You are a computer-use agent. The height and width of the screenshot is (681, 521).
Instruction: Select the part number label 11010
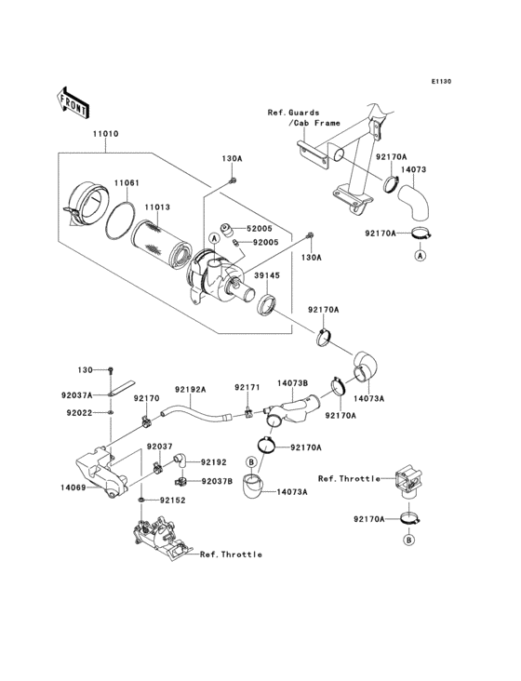coord(104,134)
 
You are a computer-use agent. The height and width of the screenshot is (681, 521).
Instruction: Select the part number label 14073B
coord(292,381)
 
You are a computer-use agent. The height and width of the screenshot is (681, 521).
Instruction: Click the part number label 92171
coord(246,387)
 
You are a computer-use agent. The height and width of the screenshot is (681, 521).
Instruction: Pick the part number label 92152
coord(173,500)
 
